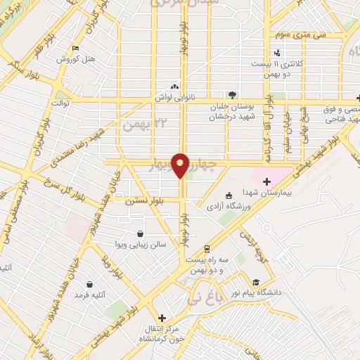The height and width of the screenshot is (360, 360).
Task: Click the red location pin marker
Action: tap(181, 165)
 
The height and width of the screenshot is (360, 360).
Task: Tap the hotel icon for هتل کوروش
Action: tap(75, 49)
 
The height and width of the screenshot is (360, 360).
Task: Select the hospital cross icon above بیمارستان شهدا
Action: tap(266, 182)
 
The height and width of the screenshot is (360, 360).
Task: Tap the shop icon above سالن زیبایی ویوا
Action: tap(141, 233)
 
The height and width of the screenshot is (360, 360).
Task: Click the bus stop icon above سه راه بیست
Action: tap(207, 249)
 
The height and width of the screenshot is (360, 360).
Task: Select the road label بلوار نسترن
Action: tap(144, 201)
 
